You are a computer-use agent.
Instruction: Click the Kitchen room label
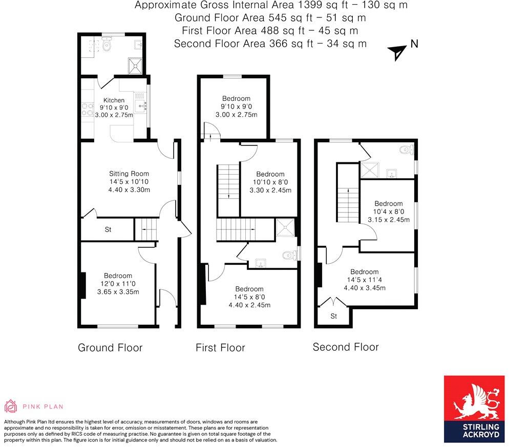(x=114, y=100)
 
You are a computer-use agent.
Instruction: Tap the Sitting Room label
(x=121, y=174)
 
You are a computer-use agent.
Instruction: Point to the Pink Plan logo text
(x=43, y=407)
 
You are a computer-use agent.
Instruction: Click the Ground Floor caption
(x=110, y=348)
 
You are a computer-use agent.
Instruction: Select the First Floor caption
(x=220, y=348)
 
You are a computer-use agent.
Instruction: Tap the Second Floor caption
(x=346, y=347)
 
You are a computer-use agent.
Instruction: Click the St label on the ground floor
(x=108, y=230)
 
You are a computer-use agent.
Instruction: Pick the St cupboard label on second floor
(x=333, y=316)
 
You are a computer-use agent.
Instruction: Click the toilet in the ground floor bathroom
(x=107, y=45)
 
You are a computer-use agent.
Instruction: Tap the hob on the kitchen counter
(x=86, y=108)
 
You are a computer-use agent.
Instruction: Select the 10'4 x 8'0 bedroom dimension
(x=389, y=211)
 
